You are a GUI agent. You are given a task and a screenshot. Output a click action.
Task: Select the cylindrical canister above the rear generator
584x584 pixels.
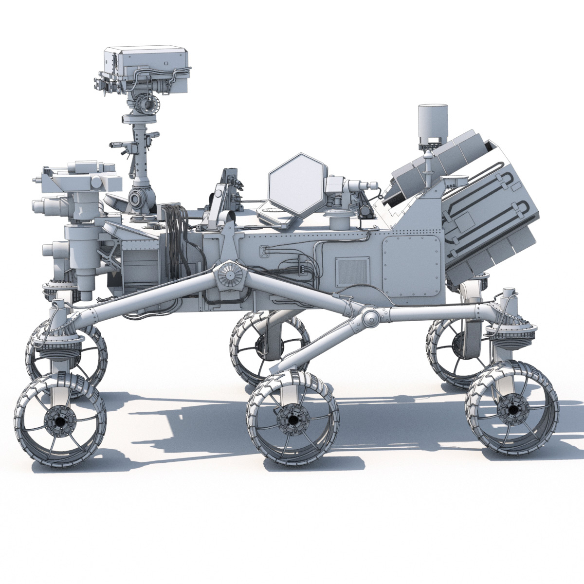[x=432, y=122]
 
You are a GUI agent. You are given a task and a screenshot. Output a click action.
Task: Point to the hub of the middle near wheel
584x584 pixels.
[x=292, y=420]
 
